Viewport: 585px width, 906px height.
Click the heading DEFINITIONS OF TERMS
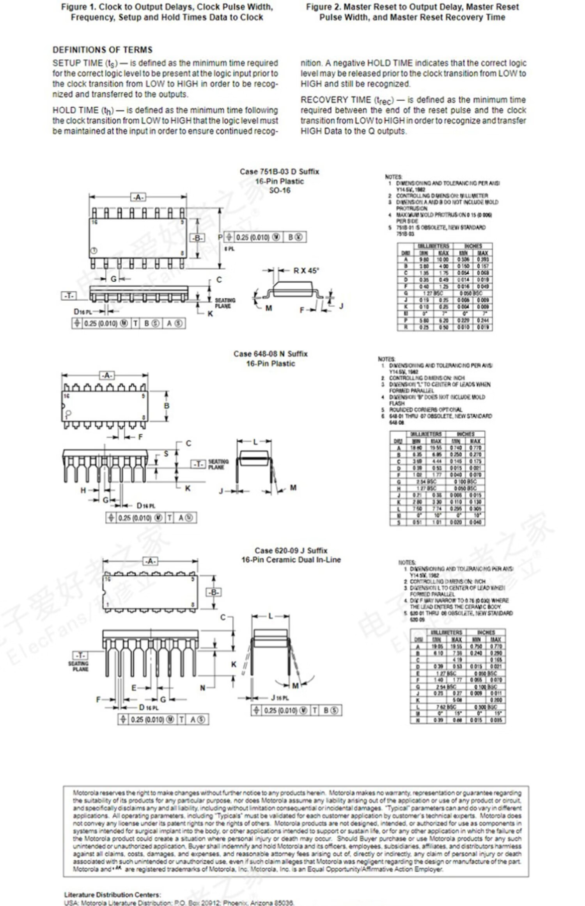pos(103,50)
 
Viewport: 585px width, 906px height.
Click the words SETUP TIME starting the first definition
pos(77,63)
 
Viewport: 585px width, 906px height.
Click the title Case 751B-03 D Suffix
pos(279,172)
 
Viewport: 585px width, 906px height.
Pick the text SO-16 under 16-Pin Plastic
pos(280,190)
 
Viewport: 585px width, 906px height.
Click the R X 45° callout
pos(306,271)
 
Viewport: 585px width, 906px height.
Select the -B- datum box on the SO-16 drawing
pos(197,238)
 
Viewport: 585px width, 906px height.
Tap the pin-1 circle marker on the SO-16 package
pos(94,250)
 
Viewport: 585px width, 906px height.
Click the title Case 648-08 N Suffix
pos(270,354)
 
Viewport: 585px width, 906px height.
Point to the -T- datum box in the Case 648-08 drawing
pos(198,464)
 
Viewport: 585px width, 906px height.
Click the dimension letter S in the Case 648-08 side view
pos(166,454)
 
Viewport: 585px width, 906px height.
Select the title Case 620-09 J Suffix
pos(291,551)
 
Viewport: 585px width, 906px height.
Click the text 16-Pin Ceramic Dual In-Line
pos(291,560)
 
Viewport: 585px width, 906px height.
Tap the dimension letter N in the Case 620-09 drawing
pos(203,687)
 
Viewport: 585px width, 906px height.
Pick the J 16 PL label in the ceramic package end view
pos(280,698)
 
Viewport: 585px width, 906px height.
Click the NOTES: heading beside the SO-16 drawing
pos(394,177)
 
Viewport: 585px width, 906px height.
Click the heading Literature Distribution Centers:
pos(112,895)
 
